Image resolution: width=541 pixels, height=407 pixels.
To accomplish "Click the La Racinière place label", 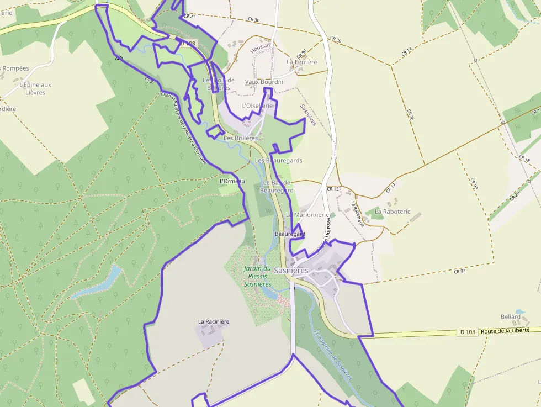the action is (x=214, y=321).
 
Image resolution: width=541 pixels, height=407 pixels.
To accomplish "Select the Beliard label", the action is (x=511, y=316).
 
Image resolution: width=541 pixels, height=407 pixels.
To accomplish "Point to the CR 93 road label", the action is (x=460, y=271).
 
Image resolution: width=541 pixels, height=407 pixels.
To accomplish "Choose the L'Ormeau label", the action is (x=232, y=181).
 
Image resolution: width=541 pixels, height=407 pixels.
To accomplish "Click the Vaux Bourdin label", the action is (x=264, y=82).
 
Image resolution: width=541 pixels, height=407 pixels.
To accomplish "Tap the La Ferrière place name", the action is (x=302, y=62).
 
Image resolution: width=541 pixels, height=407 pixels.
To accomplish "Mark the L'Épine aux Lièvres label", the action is (x=35, y=88).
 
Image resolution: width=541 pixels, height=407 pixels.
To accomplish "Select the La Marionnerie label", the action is (x=307, y=215).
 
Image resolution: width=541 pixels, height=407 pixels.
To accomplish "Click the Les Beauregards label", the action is (x=279, y=160).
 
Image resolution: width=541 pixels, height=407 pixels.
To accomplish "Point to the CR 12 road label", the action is (x=332, y=189).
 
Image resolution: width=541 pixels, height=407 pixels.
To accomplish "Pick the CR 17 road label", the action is (x=391, y=188).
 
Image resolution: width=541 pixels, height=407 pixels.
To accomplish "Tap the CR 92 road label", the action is (x=473, y=184).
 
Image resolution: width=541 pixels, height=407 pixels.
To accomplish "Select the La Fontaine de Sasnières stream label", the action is (x=332, y=354).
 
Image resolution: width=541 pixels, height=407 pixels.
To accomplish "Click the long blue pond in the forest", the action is (x=99, y=282).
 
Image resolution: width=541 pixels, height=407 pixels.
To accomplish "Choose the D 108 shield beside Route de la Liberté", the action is (x=467, y=332).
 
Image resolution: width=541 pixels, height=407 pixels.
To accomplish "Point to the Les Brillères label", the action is (x=241, y=138).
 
